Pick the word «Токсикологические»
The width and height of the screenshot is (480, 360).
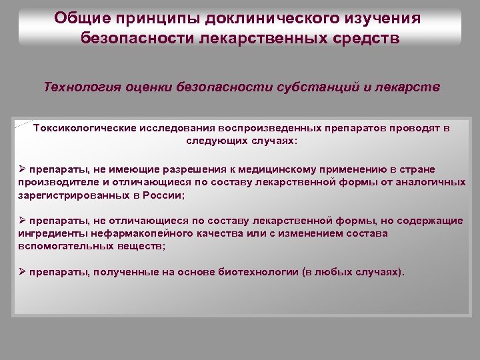86,128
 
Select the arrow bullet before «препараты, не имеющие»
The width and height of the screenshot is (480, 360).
23,169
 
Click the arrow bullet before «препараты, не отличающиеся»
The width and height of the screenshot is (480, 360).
23,221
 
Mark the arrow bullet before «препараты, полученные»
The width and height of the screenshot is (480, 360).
23,272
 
